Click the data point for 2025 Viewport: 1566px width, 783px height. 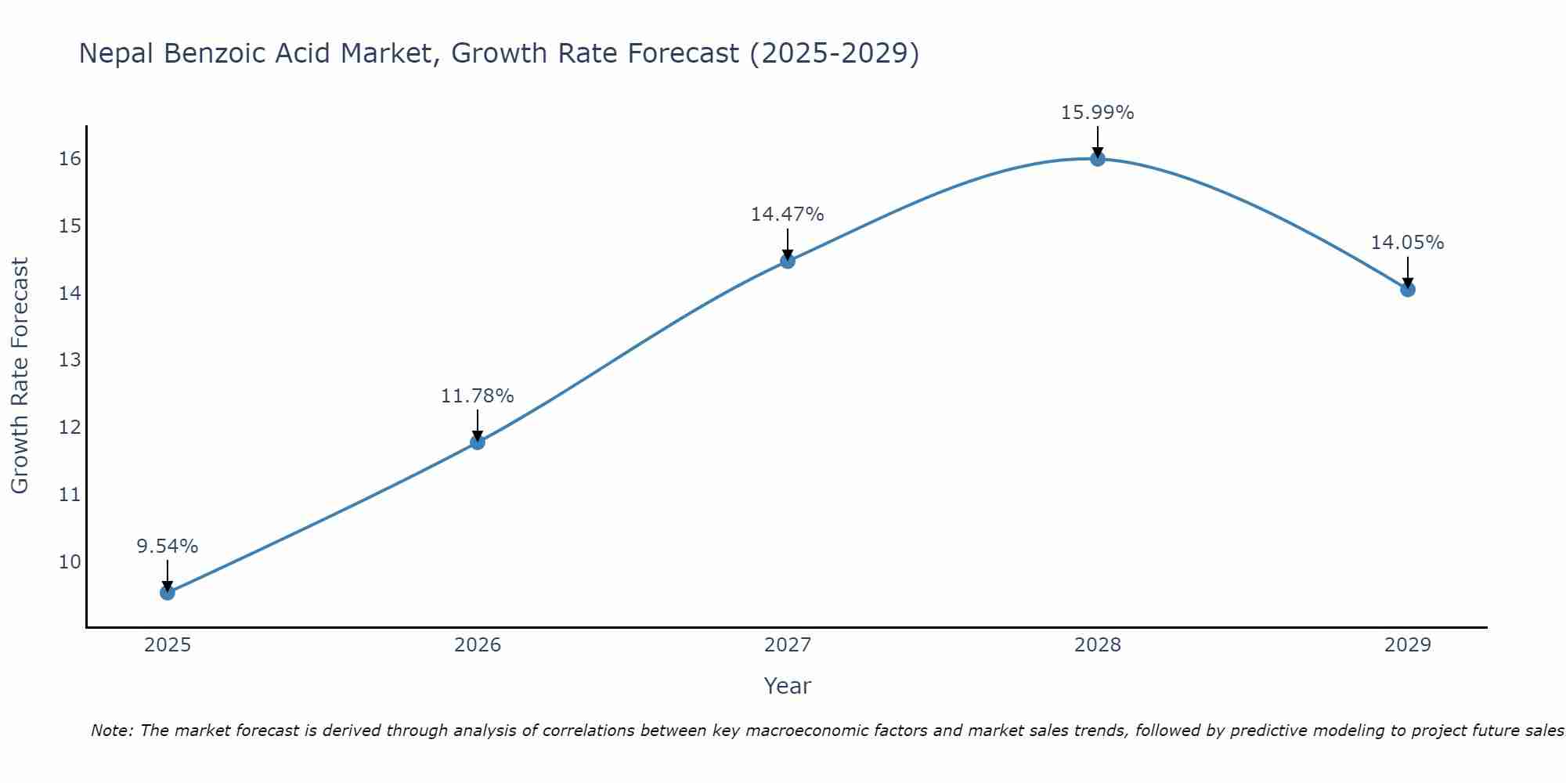point(168,593)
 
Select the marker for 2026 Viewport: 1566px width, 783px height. point(478,442)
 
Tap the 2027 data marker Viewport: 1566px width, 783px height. point(788,261)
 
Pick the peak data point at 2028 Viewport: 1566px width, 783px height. point(1098,159)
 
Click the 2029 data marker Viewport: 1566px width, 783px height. point(1408,290)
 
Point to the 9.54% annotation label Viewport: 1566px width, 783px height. point(168,547)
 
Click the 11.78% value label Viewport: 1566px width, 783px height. point(478,396)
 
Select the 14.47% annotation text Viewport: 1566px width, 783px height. point(788,215)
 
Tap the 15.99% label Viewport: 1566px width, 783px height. point(1098,113)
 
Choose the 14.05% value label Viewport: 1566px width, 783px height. point(1408,243)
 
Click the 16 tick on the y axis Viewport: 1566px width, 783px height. point(70,159)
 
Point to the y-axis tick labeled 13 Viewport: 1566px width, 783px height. point(70,360)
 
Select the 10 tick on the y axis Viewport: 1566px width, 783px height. point(70,562)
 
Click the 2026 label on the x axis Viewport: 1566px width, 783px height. point(478,645)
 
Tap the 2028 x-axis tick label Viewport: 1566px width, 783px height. point(1098,645)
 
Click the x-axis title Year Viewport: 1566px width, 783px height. point(788,686)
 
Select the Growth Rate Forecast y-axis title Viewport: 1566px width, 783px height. point(20,376)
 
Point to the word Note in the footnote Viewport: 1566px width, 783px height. point(112,731)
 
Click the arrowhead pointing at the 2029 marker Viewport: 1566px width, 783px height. point(1408,282)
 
